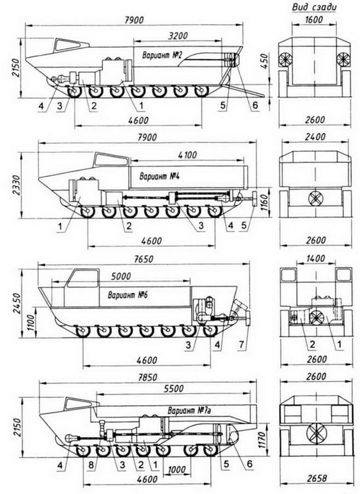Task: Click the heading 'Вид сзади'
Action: click(314, 7)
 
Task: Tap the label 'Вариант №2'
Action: click(162, 55)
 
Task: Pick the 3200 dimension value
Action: click(177, 35)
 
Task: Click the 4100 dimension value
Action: click(187, 155)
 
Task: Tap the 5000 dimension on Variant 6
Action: click(121, 276)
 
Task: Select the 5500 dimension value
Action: click(173, 388)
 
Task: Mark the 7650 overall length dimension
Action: click(143, 259)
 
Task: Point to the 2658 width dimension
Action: click(316, 478)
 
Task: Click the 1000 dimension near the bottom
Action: click(177, 469)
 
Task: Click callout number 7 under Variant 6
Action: click(241, 345)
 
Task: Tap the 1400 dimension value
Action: click(316, 259)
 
